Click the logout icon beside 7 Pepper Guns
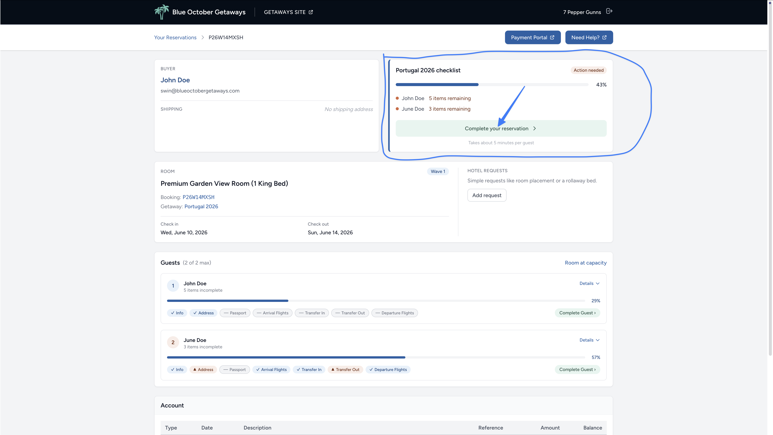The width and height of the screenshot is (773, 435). coord(609,11)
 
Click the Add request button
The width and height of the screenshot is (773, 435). coord(487,195)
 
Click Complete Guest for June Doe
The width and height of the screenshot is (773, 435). coord(577,369)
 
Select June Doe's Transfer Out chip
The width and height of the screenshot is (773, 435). coord(345,369)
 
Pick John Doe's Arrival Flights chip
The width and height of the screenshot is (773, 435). coord(273,313)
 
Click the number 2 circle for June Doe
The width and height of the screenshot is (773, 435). coord(173,342)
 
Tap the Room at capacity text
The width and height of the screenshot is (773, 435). coord(585,263)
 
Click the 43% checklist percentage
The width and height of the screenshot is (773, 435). coord(601,85)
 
